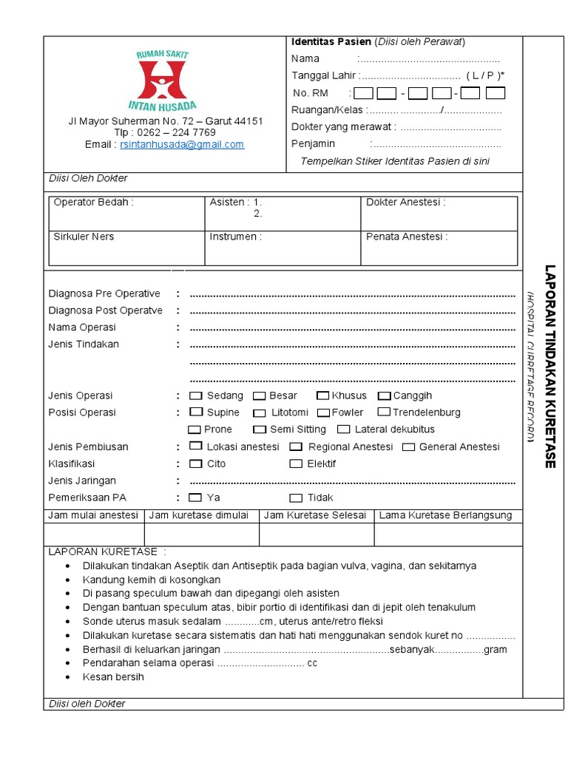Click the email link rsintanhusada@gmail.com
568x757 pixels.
point(182,145)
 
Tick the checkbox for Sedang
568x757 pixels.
point(196,396)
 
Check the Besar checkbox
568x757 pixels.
point(259,396)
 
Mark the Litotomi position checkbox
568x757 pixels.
point(260,413)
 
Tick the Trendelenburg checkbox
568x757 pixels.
point(384,412)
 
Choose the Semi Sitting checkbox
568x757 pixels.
point(259,430)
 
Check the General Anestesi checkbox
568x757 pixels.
point(408,447)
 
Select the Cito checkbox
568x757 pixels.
point(196,464)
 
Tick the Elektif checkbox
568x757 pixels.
point(296,464)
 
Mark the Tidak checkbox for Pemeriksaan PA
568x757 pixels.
point(296,498)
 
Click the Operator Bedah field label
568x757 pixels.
point(94,203)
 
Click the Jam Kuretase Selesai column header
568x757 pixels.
point(315,515)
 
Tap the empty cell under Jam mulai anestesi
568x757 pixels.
point(94,534)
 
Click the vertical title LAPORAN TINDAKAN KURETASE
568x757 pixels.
point(549,366)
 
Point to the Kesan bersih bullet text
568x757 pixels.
point(113,676)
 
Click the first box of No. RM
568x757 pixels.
point(363,93)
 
